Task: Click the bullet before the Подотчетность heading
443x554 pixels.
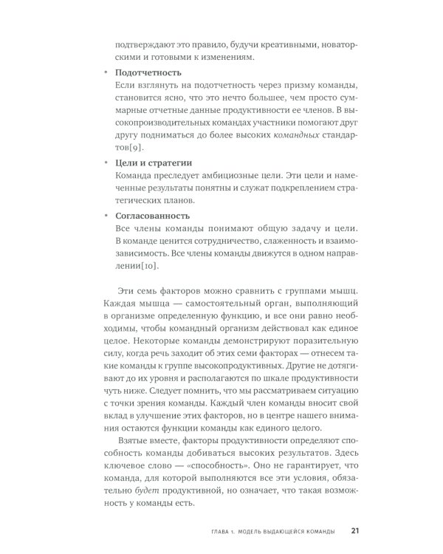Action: coord(105,73)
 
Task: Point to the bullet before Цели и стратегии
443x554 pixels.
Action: coord(105,162)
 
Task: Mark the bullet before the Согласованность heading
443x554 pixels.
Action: coord(105,216)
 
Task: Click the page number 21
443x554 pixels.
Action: coord(355,530)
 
